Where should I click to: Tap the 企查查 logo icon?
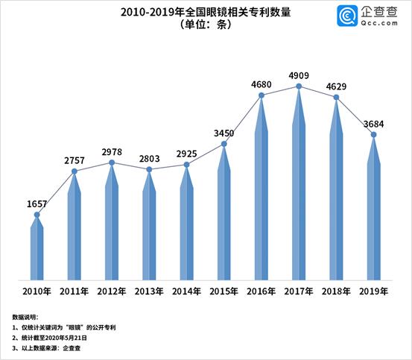click(x=347, y=16)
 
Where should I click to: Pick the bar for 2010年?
click(x=37, y=250)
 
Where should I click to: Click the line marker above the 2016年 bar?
click(x=262, y=95)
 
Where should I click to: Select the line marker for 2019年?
click(x=374, y=135)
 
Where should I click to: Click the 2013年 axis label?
click(x=149, y=292)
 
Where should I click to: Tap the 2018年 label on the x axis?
click(x=336, y=292)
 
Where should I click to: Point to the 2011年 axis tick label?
click(x=75, y=292)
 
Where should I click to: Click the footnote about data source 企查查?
click(x=52, y=347)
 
